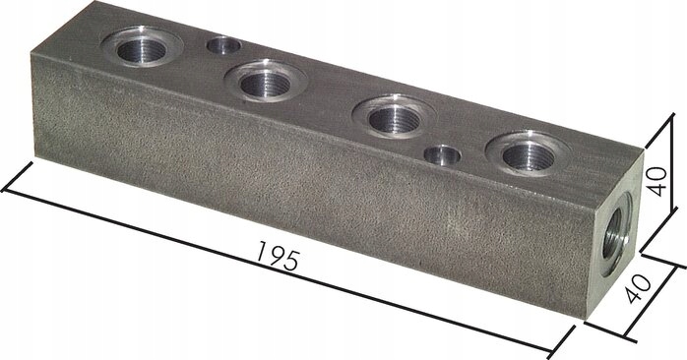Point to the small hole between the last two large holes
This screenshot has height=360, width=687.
click(444, 154)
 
